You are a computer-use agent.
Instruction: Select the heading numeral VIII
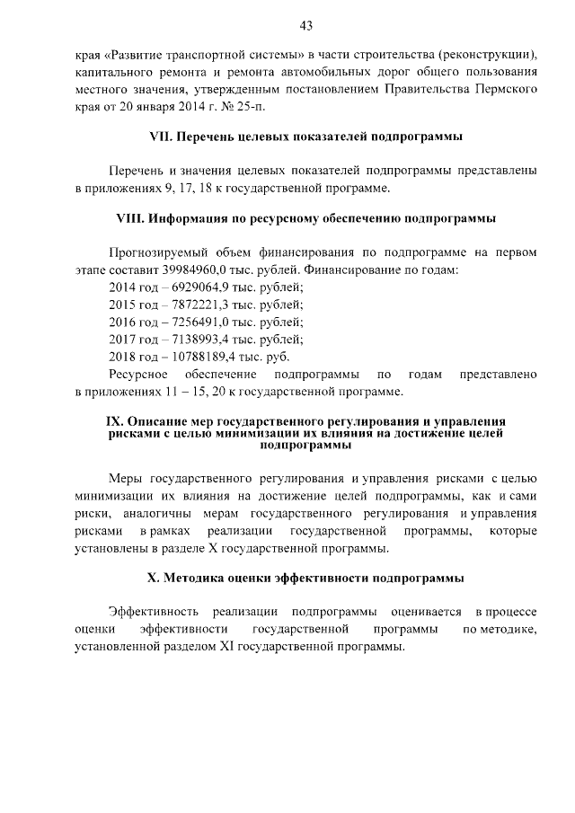coord(130,218)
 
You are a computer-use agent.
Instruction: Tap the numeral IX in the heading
coord(115,420)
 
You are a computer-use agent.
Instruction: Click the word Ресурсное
coord(135,373)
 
